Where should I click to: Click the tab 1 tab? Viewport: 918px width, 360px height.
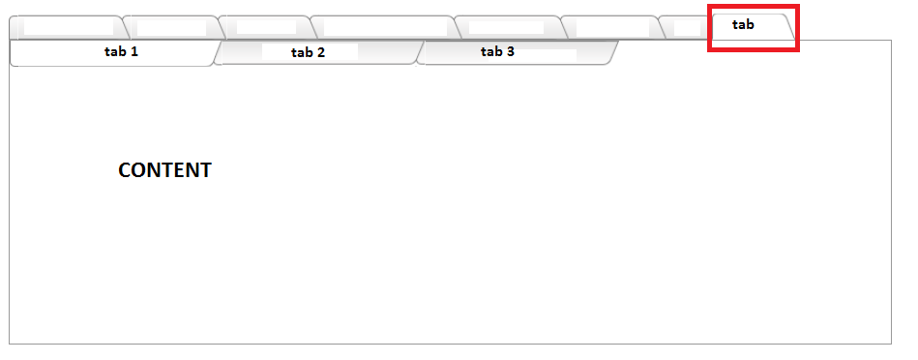click(114, 52)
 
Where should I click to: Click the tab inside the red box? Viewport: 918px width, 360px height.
click(753, 26)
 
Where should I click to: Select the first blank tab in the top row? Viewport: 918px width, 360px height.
click(69, 27)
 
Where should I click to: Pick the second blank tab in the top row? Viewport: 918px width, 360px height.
click(174, 27)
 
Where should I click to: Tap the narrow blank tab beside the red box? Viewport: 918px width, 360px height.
click(686, 27)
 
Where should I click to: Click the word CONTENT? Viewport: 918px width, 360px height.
click(164, 170)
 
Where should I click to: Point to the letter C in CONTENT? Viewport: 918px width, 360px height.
click(125, 170)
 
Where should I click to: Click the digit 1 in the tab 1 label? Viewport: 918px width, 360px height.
click(134, 51)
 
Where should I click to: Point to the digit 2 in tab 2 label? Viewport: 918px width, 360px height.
click(320, 52)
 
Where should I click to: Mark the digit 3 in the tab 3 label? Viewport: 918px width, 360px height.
click(510, 51)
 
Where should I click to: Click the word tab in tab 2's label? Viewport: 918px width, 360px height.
click(302, 52)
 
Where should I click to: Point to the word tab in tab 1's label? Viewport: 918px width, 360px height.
click(115, 51)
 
